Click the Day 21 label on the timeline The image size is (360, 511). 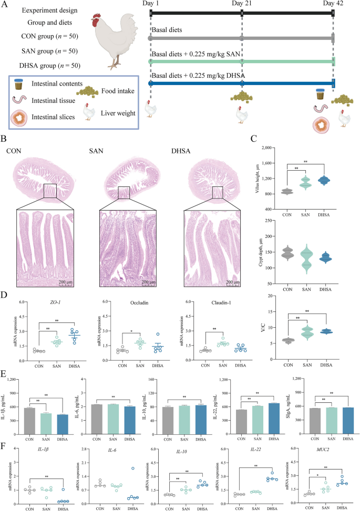[242, 4]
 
